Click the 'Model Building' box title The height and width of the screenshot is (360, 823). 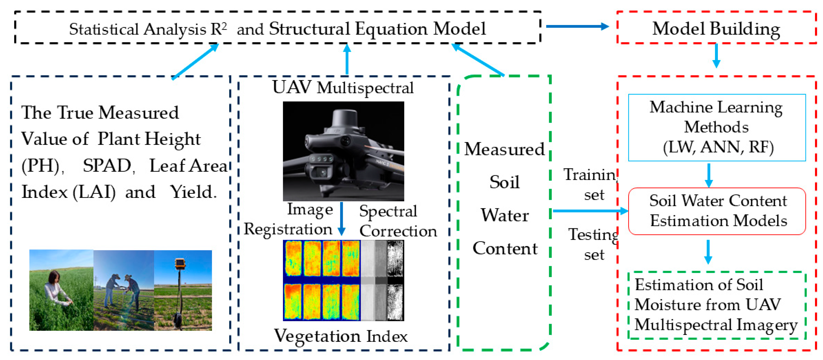[716, 29]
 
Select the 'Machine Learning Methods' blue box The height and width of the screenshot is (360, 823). [717, 127]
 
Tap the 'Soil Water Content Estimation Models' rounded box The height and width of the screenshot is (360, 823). [717, 211]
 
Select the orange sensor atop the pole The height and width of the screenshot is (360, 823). [180, 263]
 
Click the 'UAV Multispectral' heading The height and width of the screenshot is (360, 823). [343, 87]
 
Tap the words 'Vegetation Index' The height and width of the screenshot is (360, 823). [341, 336]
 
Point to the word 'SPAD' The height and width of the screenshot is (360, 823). [107, 166]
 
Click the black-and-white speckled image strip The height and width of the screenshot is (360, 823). [395, 280]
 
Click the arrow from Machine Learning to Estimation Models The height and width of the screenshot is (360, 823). [709, 175]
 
